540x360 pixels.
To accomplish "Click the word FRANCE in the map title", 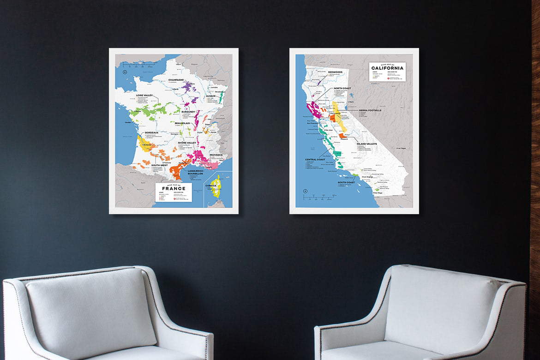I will tap(174, 188).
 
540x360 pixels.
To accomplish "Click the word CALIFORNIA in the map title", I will tap(387, 68).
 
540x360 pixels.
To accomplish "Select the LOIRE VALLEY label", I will tap(145, 95).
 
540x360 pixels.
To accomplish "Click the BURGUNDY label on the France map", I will tap(189, 112).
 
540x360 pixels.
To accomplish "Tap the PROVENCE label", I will tap(216, 155).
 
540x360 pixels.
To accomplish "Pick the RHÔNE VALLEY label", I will tap(188, 143).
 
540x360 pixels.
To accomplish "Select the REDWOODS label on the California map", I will tap(336, 72).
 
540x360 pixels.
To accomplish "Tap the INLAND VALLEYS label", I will tap(366, 144).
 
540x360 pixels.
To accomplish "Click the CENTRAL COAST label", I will tap(315, 160).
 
